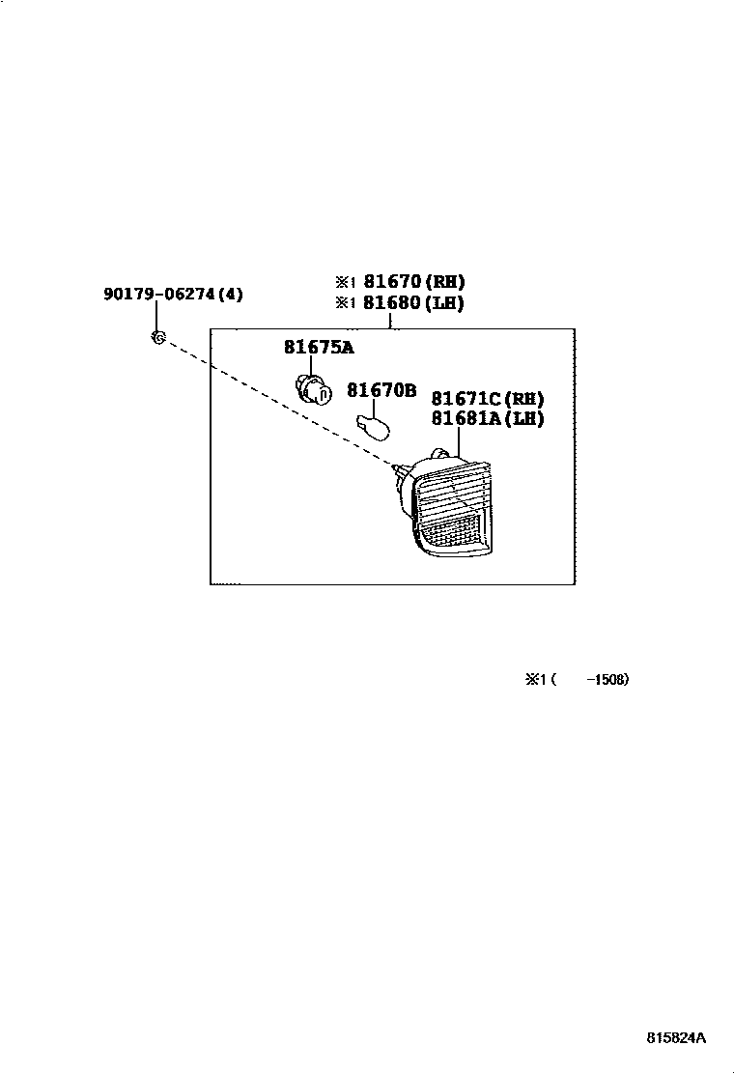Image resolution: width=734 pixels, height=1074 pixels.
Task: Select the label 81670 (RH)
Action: tap(414, 282)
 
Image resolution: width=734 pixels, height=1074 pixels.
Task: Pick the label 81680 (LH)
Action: tap(414, 303)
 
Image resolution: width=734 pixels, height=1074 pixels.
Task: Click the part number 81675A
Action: tap(319, 348)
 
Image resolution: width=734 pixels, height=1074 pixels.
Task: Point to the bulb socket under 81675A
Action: tap(309, 389)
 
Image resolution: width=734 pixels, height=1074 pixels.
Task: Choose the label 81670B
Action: tap(381, 391)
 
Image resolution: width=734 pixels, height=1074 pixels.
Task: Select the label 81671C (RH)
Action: tap(488, 398)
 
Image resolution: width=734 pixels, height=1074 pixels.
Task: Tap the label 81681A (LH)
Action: tap(488, 419)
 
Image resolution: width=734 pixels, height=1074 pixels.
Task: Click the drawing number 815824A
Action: tap(676, 1038)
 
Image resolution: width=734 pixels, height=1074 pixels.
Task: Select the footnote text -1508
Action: tap(609, 679)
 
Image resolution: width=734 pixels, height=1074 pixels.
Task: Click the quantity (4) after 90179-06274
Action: tap(230, 294)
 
